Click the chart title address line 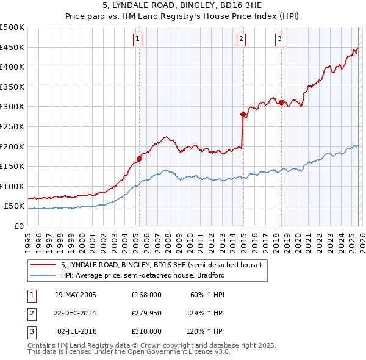point(183,6)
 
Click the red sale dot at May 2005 point(139,159)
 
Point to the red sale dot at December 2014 point(243,114)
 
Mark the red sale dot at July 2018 point(281,103)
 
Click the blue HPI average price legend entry point(143,275)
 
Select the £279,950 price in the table point(146,313)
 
